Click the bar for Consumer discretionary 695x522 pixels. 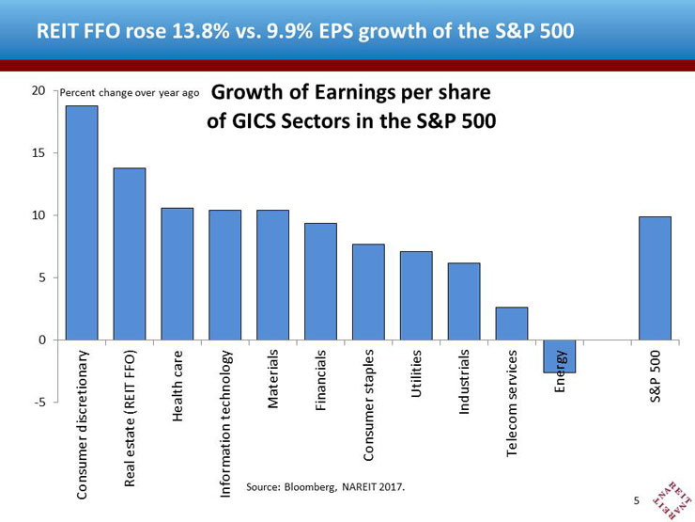click(81, 223)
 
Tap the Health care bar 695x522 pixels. click(177, 274)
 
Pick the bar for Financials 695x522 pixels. click(320, 281)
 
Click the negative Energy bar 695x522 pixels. click(560, 356)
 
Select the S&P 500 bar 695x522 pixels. click(656, 278)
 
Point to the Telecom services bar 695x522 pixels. click(512, 324)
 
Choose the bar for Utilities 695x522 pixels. click(416, 295)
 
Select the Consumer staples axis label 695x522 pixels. click(369, 405)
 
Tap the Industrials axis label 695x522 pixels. click(464, 384)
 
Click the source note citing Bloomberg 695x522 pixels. click(326, 487)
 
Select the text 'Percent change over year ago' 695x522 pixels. click(130, 94)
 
